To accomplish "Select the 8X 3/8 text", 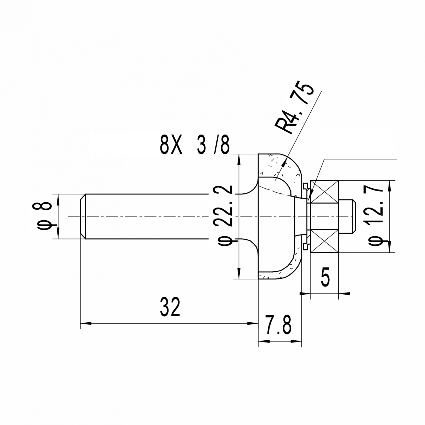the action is coord(195,146).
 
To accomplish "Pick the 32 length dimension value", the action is coord(170,307).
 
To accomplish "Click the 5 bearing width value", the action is coord(325,277).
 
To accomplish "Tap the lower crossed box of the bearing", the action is coord(324,241).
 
